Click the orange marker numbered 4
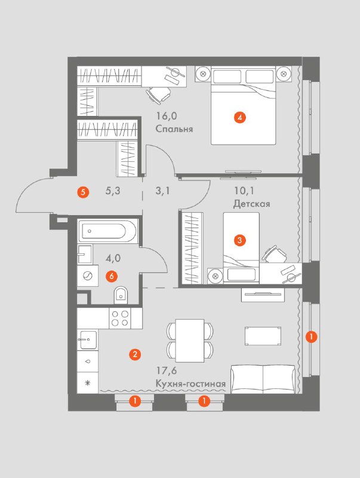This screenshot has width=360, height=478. [240, 117]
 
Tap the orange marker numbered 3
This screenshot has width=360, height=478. [239, 240]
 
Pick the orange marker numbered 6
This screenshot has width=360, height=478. [112, 276]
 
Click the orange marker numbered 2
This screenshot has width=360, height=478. [134, 354]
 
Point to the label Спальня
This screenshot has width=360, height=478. [174, 129]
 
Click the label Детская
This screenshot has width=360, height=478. [251, 204]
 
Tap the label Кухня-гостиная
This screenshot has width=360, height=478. [190, 384]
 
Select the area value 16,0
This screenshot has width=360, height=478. [167, 116]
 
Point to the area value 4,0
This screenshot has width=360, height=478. [113, 259]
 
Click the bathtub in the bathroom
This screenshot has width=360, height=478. [107, 231]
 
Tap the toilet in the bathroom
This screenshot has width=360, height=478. [121, 295]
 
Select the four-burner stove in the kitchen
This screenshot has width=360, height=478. [120, 318]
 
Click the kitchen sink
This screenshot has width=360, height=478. [87, 339]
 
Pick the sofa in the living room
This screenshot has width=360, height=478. [263, 379]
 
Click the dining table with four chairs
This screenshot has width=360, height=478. [190, 341]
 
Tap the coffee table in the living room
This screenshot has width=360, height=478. [263, 336]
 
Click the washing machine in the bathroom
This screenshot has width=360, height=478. [88, 275]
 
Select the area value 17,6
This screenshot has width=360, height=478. [167, 371]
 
